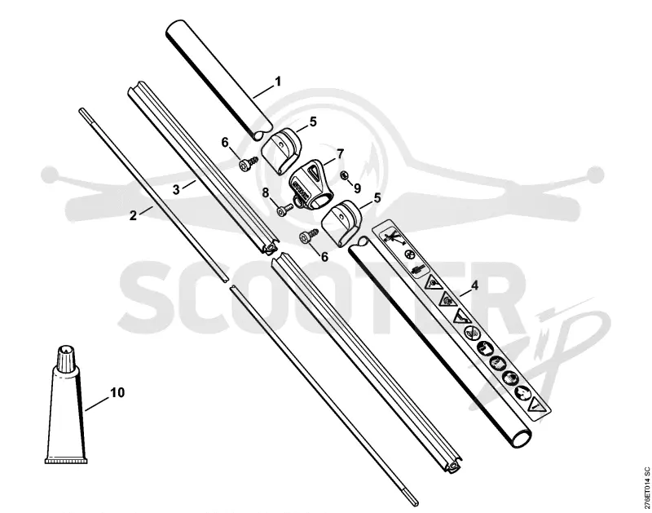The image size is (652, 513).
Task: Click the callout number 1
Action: [x=278, y=81]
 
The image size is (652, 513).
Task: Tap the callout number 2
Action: [x=133, y=215]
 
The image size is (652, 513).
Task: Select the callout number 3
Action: [x=176, y=189]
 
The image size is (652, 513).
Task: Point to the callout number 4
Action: [x=474, y=285]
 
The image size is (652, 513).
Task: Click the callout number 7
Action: [x=341, y=154]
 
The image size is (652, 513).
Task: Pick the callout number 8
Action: [x=266, y=192]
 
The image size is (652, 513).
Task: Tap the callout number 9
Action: [x=357, y=188]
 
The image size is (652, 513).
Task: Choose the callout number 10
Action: [x=117, y=392]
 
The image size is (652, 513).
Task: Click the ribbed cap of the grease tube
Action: [x=66, y=357]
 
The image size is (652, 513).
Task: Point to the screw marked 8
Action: [x=284, y=210]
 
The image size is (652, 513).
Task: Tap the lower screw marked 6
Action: [x=308, y=236]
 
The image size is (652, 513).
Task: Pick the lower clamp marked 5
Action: [x=341, y=223]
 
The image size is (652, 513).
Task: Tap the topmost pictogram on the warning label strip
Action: [x=392, y=237]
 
